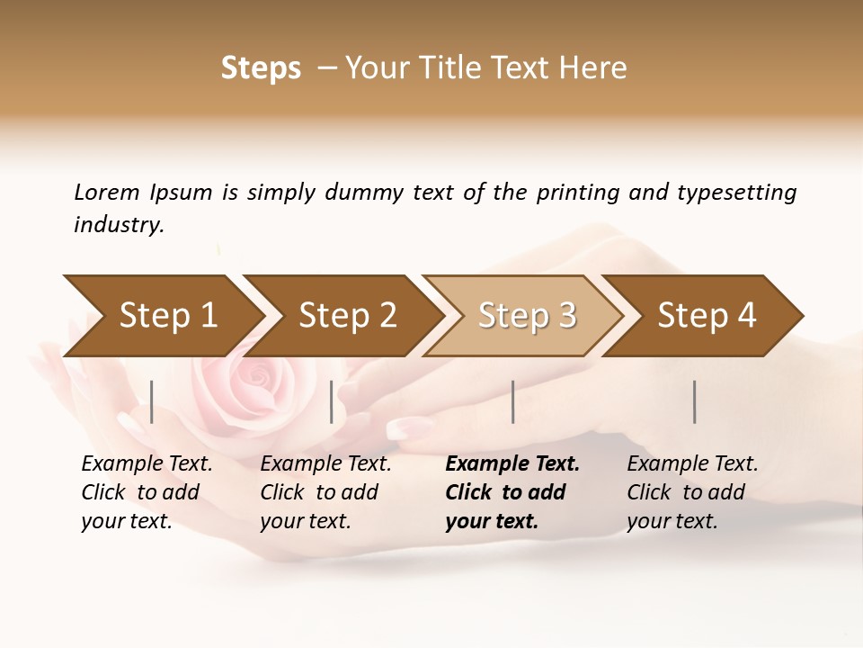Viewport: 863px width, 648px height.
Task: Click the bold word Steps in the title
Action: [261, 68]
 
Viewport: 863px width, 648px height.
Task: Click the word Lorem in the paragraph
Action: [106, 193]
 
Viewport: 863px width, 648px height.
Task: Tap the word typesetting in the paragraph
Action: [736, 193]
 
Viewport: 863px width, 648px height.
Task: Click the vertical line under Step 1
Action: [152, 401]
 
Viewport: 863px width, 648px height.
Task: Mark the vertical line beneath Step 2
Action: [332, 401]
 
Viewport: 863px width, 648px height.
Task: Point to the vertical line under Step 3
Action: [512, 401]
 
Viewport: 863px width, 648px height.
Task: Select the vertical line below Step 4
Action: [694, 401]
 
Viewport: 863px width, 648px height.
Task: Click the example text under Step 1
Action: [147, 492]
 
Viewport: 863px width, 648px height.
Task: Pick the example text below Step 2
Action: [325, 492]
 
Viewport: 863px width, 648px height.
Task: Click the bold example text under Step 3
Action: [512, 492]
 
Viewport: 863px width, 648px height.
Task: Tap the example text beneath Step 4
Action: [692, 492]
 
